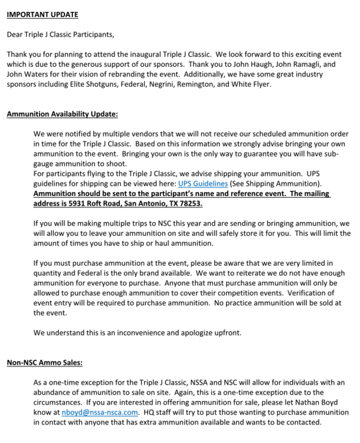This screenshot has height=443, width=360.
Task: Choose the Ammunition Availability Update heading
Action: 62,114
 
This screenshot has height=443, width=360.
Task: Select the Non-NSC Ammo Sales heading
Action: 44,362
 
